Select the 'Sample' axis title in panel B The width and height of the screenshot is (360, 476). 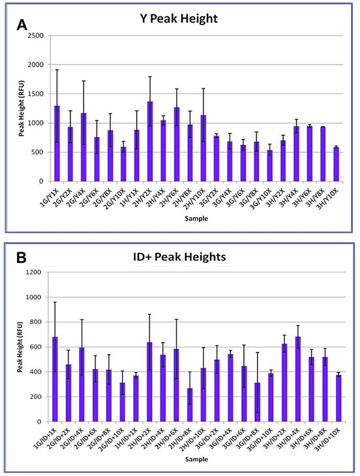coord(198,460)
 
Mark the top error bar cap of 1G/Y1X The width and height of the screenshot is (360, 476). coord(57,70)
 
